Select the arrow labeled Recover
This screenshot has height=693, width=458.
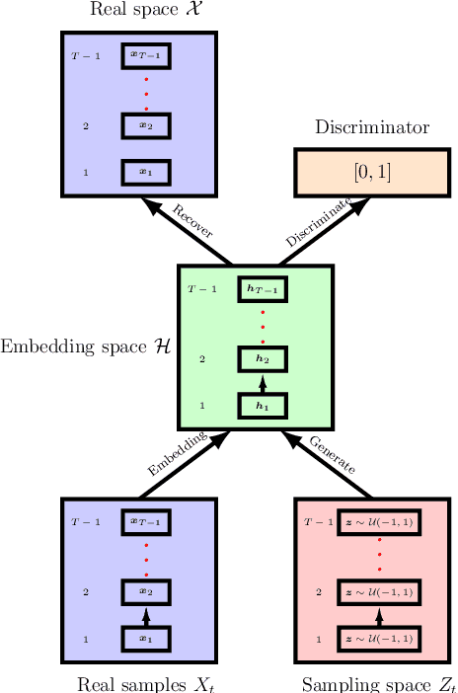click(187, 230)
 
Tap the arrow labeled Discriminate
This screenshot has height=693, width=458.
click(325, 230)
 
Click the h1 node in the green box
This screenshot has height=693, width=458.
click(263, 406)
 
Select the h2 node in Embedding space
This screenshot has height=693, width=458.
click(263, 359)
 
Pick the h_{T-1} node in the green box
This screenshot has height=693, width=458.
click(263, 289)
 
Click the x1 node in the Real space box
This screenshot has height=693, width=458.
click(146, 172)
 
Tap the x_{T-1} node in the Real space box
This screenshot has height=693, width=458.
click(146, 55)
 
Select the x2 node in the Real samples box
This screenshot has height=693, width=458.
click(146, 592)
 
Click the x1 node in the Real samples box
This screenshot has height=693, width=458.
click(146, 639)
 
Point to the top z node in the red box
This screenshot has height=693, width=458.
click(379, 522)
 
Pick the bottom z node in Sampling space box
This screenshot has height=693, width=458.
click(379, 639)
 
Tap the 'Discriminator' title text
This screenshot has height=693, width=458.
click(372, 127)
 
